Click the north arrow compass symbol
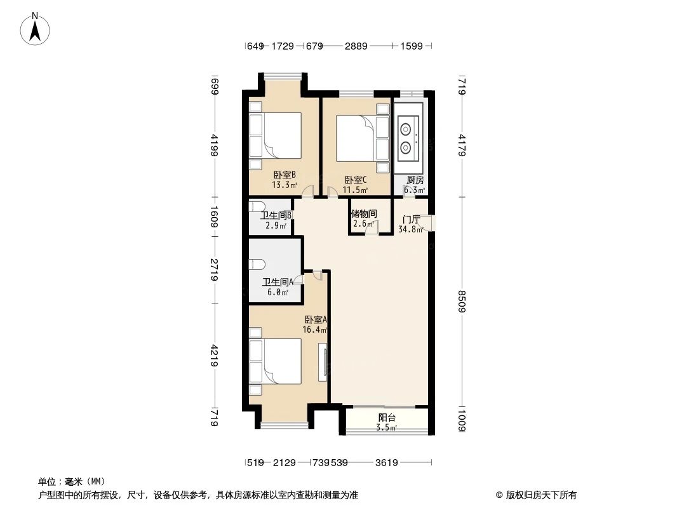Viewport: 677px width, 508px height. pos(36,28)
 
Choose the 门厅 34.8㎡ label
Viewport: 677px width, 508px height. pos(411,224)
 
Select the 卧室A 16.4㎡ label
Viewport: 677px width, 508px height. pos(316,324)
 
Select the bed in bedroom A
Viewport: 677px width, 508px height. pos(275,361)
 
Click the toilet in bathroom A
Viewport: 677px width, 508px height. pos(257,264)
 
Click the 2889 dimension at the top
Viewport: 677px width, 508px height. pos(355,46)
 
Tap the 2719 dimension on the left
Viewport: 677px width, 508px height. pos(215,270)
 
